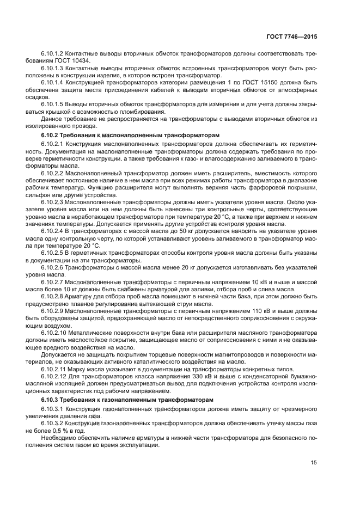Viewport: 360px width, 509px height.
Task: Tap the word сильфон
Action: point(53,194)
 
